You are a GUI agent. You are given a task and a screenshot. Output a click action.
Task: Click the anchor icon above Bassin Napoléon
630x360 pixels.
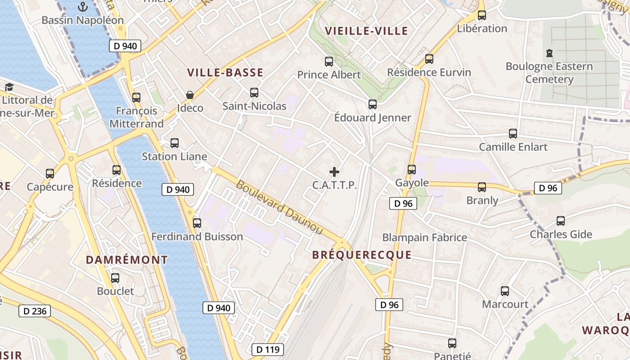pos(82,7)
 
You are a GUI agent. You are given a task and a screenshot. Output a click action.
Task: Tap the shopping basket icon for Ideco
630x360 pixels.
pos(190,95)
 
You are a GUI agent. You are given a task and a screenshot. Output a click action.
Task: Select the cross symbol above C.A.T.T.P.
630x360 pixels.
pos(334,171)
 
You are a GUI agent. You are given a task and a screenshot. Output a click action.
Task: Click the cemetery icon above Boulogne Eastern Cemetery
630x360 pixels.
pos(549,53)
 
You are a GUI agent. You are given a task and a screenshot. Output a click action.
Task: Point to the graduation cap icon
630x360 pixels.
pos(9,87)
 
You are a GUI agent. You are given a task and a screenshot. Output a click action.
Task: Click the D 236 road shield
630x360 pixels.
pos(35,311)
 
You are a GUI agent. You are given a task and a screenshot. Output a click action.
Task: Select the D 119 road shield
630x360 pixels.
pos(268,349)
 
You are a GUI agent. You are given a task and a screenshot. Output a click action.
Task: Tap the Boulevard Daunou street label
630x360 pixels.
pos(279,207)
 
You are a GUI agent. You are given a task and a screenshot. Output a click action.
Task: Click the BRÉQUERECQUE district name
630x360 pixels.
pos(362,255)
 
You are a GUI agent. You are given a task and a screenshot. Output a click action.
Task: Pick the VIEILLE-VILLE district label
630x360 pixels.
pos(366,31)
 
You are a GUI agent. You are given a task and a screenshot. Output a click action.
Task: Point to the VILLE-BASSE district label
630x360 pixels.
pos(225,73)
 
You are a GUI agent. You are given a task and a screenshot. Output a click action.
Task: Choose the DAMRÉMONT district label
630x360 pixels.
pos(126,260)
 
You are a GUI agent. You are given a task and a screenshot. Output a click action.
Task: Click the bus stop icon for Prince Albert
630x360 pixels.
pos(329,62)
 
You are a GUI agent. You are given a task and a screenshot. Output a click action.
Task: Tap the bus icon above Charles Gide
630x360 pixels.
pos(560,221)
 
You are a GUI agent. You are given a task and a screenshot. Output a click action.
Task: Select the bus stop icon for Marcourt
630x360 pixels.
pos(505,291)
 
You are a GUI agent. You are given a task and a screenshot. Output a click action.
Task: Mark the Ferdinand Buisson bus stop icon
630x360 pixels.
pos(197,223)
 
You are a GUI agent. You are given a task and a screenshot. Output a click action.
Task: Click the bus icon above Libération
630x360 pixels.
pos(482,15)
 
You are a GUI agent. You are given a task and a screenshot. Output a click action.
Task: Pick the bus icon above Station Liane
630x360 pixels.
pos(174,143)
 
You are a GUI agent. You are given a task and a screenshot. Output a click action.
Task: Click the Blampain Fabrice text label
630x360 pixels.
pos(424,237)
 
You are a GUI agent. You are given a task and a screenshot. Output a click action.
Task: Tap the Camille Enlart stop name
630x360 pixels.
pos(513,147)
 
